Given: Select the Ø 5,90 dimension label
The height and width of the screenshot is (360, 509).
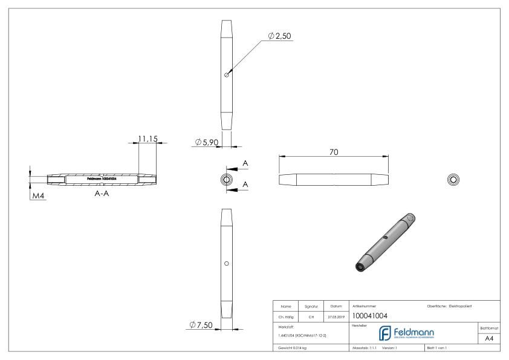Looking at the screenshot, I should (206, 142).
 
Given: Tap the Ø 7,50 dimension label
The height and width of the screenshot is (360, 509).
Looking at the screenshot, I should (199, 326).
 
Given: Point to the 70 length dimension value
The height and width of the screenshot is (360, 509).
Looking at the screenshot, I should (333, 152).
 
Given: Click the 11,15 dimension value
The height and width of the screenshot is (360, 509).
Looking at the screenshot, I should (148, 139).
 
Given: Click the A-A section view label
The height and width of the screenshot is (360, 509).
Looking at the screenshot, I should (102, 195).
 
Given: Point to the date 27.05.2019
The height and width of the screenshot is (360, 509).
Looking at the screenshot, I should (336, 315).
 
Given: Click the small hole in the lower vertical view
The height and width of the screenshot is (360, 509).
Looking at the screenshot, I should (226, 264).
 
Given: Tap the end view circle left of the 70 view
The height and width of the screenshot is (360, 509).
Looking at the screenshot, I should (226, 180).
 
